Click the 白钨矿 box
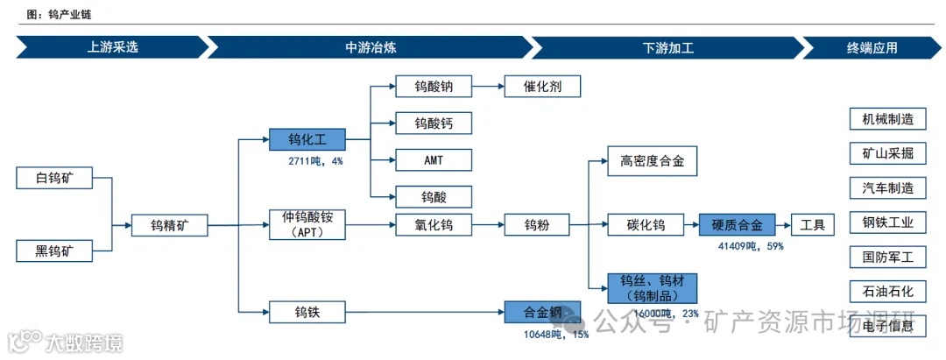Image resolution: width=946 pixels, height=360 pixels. pyautogui.click(x=54, y=179)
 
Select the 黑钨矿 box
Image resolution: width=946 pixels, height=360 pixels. pyautogui.click(x=54, y=252)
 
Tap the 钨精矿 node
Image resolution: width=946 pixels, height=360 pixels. pyautogui.click(x=170, y=226)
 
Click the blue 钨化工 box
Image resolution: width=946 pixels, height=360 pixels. pyautogui.click(x=307, y=140)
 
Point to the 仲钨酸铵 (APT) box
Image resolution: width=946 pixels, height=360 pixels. pyautogui.click(x=307, y=225)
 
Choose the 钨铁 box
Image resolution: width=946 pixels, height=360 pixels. pyautogui.click(x=307, y=311)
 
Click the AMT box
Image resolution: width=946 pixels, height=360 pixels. pyautogui.click(x=434, y=159)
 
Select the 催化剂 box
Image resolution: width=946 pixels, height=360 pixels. pyautogui.click(x=542, y=87)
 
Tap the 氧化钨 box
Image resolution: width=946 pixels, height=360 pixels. pyautogui.click(x=434, y=225)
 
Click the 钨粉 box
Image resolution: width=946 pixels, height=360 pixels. pyautogui.click(x=537, y=225)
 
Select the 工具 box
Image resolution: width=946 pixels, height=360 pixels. pyautogui.click(x=812, y=225)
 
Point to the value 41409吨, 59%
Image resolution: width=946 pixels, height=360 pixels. pyautogui.click(x=751, y=246)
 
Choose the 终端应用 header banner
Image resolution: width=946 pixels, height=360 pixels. pyautogui.click(x=872, y=47)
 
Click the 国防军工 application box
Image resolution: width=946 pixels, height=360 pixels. pyautogui.click(x=887, y=257)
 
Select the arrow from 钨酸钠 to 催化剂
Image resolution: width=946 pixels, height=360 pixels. pyautogui.click(x=487, y=87)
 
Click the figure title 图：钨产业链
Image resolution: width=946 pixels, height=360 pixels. pyautogui.click(x=62, y=15)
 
